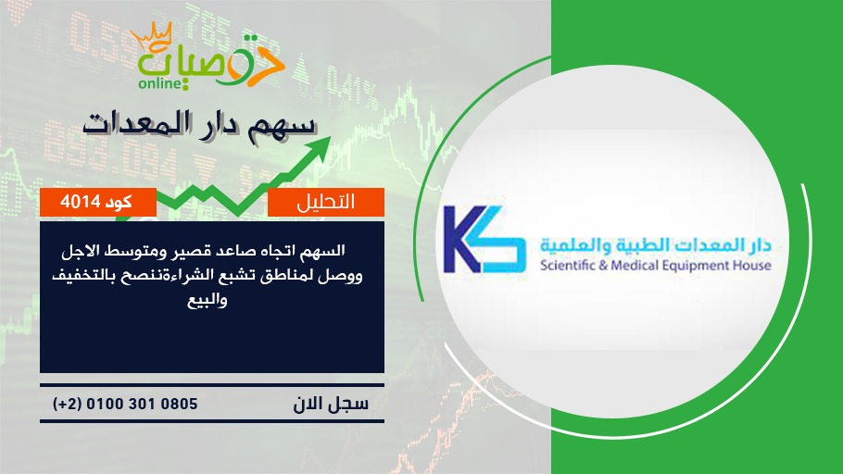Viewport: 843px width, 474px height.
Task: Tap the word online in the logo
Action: tap(160, 84)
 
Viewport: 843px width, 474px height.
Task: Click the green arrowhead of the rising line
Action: tap(320, 148)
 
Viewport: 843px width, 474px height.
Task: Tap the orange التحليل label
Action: tap(326, 202)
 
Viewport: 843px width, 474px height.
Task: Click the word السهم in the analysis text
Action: tap(323, 251)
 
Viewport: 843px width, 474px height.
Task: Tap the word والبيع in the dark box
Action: tap(207, 300)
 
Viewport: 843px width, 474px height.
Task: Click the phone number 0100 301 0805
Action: tap(142, 404)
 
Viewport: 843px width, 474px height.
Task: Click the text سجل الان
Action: tap(331, 405)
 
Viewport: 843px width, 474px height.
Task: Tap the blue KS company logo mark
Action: tap(484, 240)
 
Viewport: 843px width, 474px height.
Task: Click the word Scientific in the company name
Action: tap(567, 265)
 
